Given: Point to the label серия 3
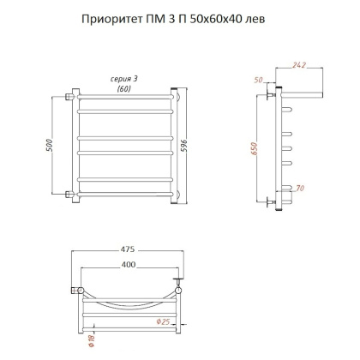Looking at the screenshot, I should tap(125, 78).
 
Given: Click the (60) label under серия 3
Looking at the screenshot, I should tap(125, 87).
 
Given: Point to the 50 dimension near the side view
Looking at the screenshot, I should tap(260, 80).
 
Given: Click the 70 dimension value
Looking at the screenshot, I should tap(299, 188).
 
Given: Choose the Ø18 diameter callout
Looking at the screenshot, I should tap(91, 340).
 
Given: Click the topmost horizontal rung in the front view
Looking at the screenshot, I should tap(126, 109).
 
